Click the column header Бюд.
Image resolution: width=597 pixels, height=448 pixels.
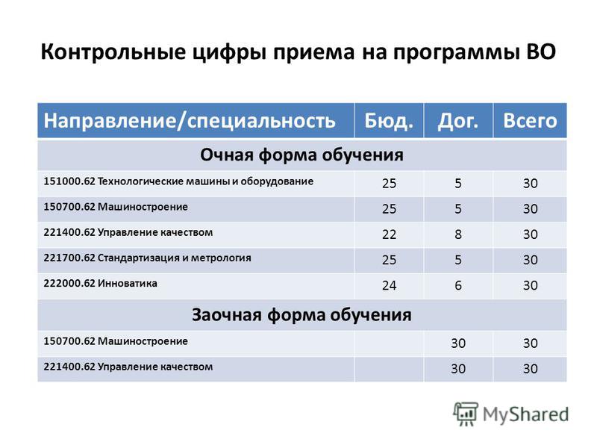389,121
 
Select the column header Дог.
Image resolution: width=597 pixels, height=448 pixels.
457,122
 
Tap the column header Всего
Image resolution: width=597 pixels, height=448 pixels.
530,121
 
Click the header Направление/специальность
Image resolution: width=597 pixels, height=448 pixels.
190,121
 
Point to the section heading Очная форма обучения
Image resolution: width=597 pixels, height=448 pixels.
301,155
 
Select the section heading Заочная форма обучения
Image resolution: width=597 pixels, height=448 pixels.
301,315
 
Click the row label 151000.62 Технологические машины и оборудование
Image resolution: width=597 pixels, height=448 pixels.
178,181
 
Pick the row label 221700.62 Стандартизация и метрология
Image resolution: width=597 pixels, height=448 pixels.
147,258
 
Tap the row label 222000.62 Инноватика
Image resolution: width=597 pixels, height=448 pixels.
100,284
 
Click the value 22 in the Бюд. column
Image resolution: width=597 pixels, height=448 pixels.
389,234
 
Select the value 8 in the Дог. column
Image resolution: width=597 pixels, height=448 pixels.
458,234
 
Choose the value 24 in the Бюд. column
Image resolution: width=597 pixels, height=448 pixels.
389,285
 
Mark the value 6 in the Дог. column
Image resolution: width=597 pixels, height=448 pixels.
458,285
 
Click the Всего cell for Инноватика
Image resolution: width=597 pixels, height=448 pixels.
530,285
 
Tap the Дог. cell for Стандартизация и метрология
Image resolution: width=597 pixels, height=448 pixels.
458,260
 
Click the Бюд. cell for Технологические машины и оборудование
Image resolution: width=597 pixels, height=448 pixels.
389,183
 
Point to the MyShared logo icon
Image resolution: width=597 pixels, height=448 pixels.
466,414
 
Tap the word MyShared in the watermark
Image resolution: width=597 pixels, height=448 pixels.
526,414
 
